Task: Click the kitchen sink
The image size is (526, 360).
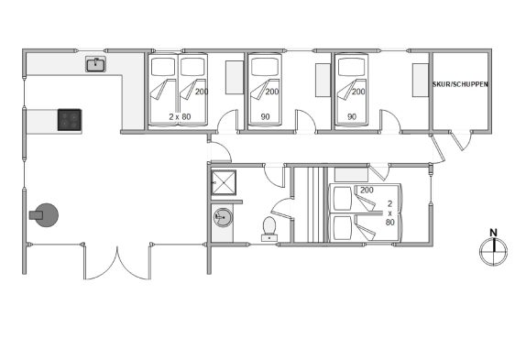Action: (x=96, y=64)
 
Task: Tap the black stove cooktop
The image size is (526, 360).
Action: (x=70, y=120)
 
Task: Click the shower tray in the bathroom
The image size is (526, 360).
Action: (x=224, y=182)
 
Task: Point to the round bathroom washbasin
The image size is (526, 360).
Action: (x=223, y=217)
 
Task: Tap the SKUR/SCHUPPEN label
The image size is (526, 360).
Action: (x=460, y=84)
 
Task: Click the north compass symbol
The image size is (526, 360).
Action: (x=493, y=251)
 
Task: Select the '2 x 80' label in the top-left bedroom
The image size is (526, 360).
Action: (x=180, y=116)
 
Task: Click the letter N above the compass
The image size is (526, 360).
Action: (x=493, y=233)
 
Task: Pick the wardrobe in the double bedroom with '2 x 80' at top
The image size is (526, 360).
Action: (x=235, y=78)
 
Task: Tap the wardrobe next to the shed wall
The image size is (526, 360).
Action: (x=421, y=80)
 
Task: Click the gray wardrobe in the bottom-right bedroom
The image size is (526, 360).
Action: (x=351, y=175)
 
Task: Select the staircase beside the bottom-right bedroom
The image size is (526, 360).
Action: (x=309, y=204)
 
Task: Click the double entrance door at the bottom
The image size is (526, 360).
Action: (x=117, y=263)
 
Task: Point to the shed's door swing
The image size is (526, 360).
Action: (x=461, y=140)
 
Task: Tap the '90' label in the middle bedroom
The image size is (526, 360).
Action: (x=266, y=116)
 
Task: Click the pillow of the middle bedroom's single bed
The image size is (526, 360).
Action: (x=265, y=67)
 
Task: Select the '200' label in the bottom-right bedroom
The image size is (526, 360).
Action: (x=367, y=190)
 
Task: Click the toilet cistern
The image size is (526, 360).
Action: (x=269, y=238)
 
